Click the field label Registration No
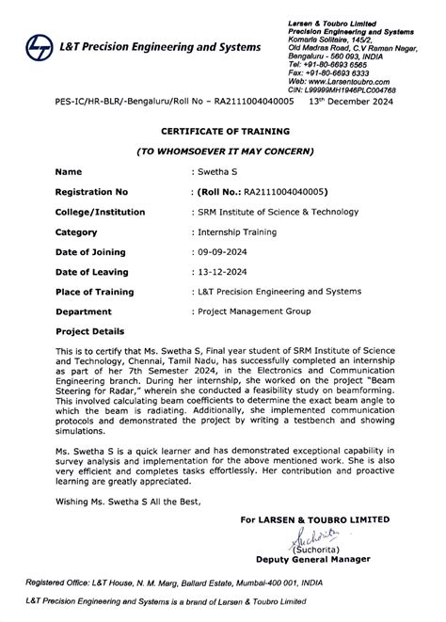[x=90, y=192]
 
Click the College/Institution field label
[x=101, y=212]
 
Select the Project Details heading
[x=89, y=331]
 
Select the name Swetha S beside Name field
[x=217, y=172]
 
